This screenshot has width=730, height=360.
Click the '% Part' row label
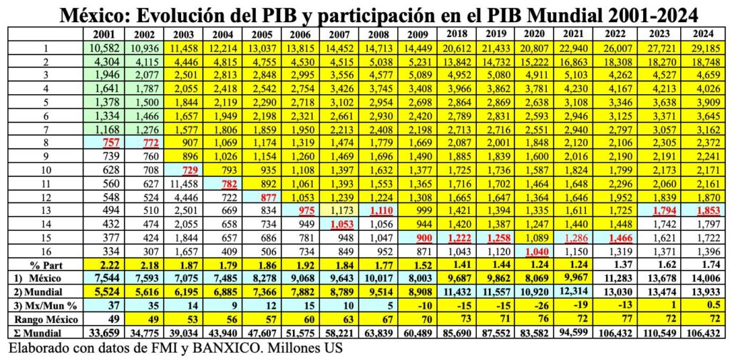(45, 264)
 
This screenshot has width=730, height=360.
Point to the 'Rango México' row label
(44, 319)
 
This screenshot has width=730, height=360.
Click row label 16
(45, 250)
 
